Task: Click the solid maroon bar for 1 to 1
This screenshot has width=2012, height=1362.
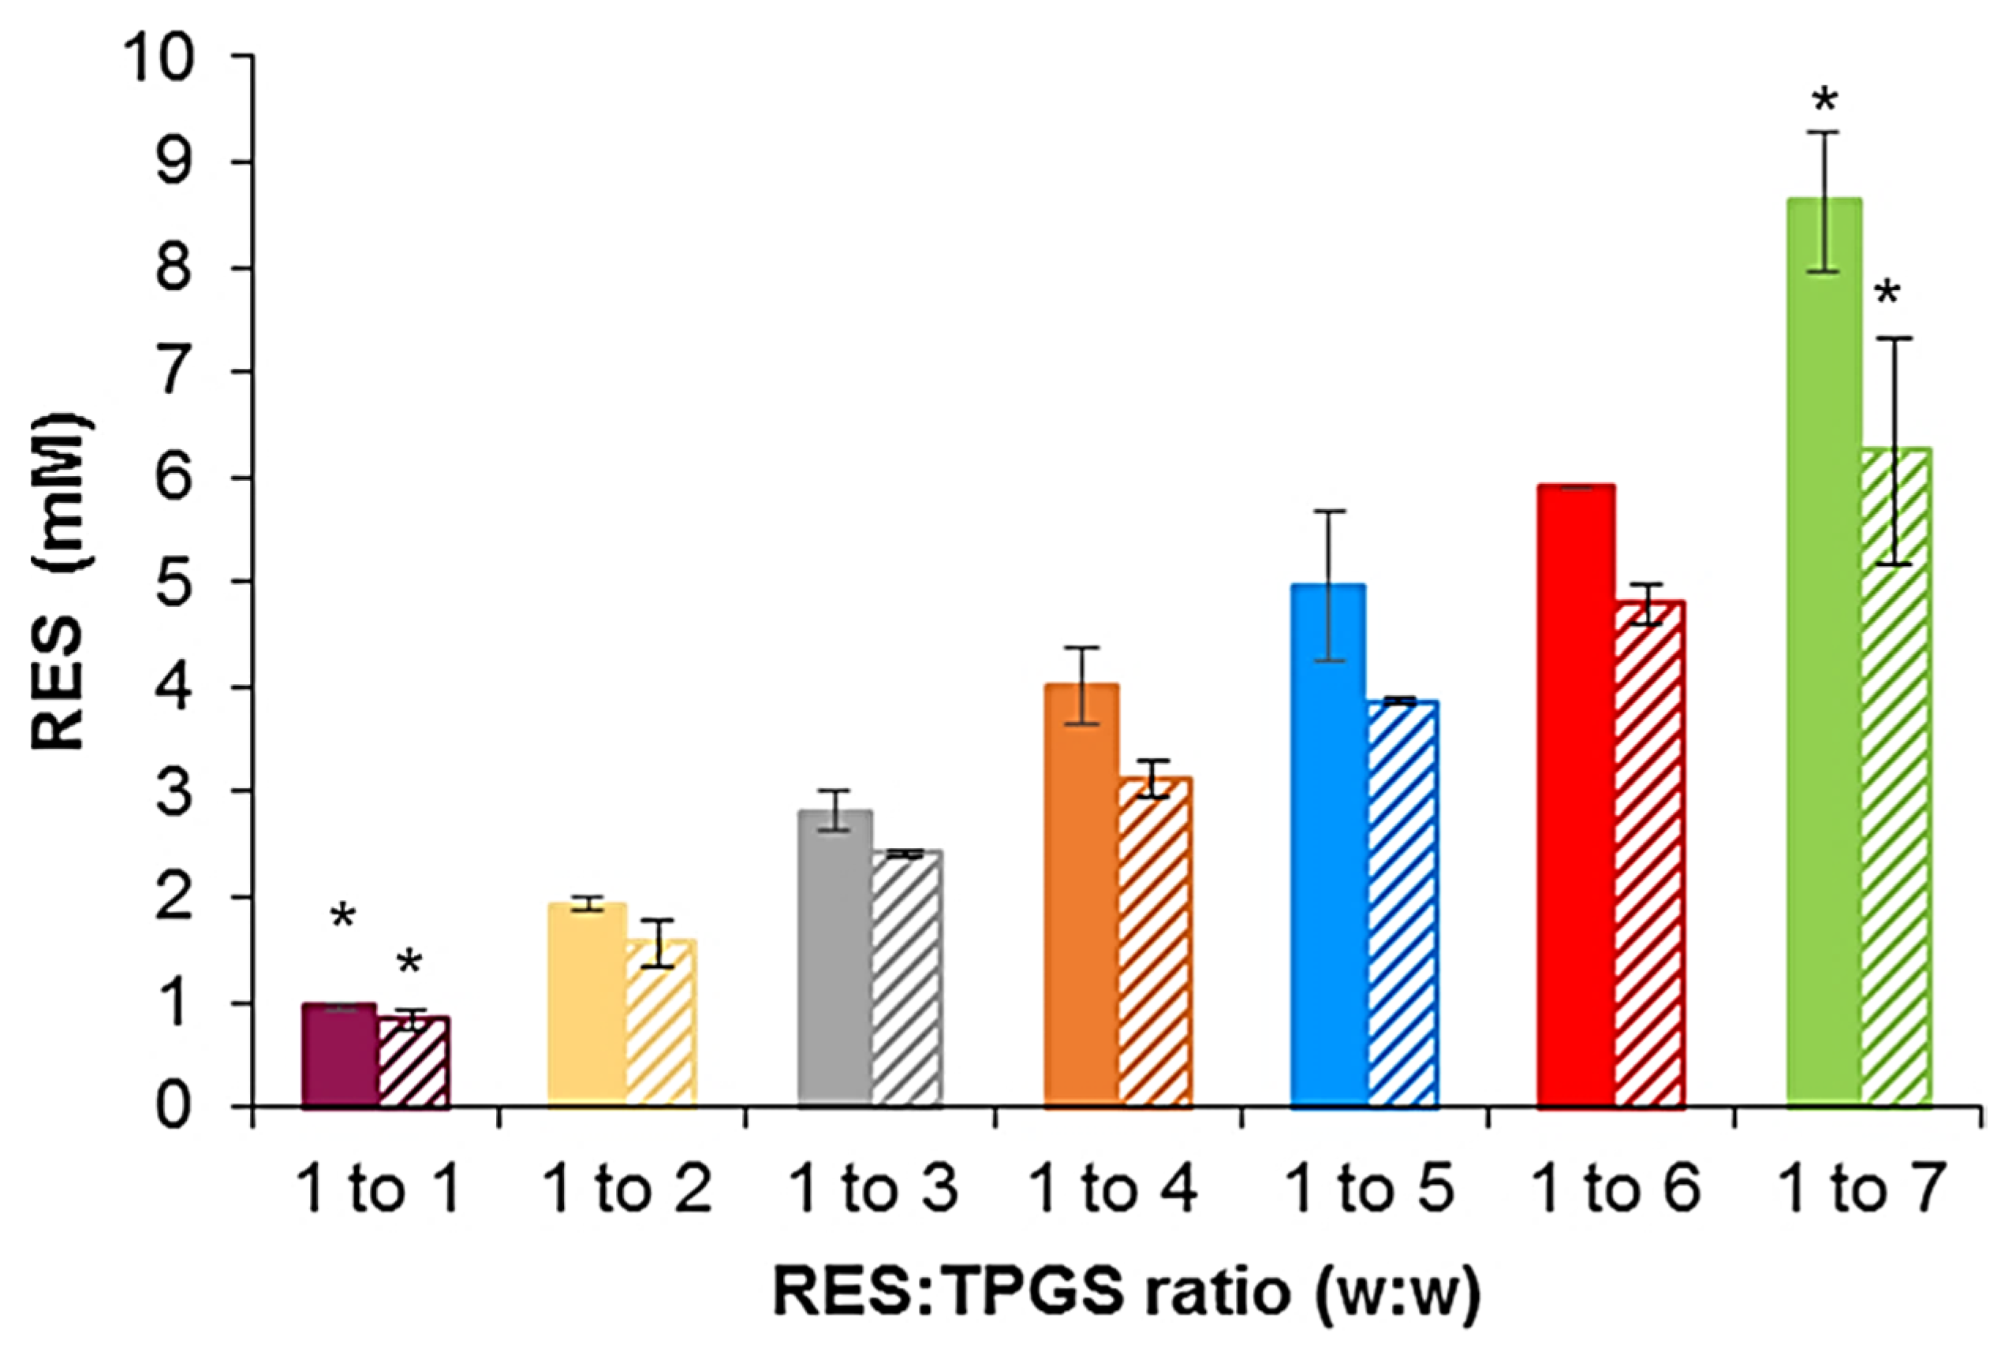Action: click(x=340, y=1055)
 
